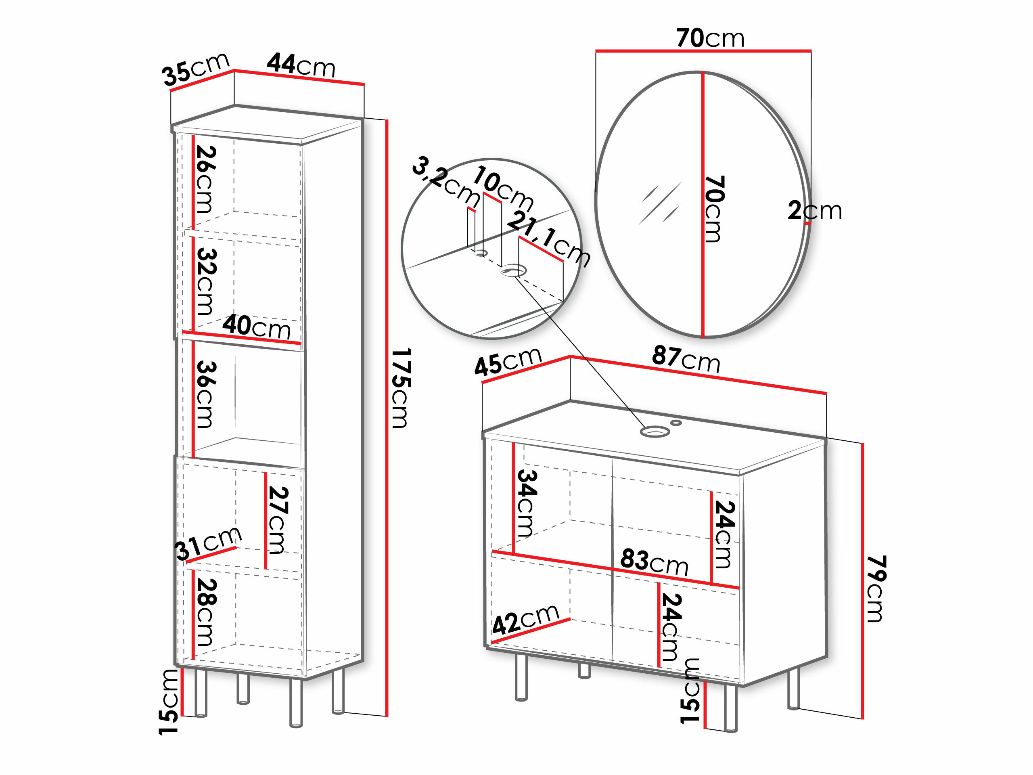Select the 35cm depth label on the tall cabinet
tap(196, 69)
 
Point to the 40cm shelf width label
tap(256, 327)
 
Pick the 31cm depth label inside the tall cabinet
tap(208, 543)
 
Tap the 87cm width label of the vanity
tap(686, 359)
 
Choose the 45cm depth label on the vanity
tap(508, 362)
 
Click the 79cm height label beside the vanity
tap(876, 589)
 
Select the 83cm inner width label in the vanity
tap(654, 562)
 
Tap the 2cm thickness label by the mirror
tap(815, 211)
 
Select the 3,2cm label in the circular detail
tap(446, 181)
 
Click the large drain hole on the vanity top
tap(655, 431)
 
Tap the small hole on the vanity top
tap(676, 423)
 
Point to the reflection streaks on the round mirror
tap(659, 204)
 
